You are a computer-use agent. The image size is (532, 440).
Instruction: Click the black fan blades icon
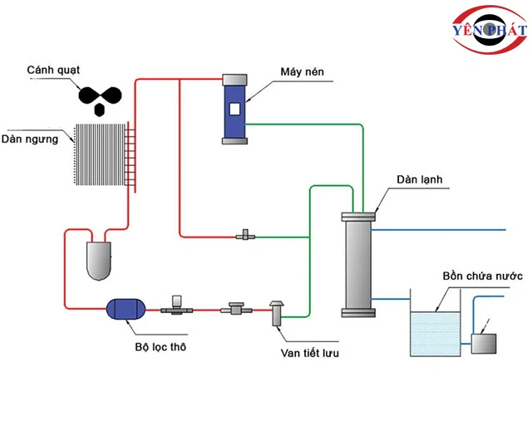101,95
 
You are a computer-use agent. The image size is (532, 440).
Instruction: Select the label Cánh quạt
54,68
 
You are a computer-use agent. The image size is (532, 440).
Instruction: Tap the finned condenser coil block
100,155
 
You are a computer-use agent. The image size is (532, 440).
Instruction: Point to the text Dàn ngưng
31,139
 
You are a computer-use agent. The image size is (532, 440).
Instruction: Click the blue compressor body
234,109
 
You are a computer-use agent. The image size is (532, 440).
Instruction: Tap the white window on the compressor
234,109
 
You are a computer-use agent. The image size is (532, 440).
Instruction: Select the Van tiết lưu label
309,353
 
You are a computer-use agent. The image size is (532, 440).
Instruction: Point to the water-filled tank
435,332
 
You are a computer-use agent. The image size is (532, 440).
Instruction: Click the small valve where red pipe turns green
244,237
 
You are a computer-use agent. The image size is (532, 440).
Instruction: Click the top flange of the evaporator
358,217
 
